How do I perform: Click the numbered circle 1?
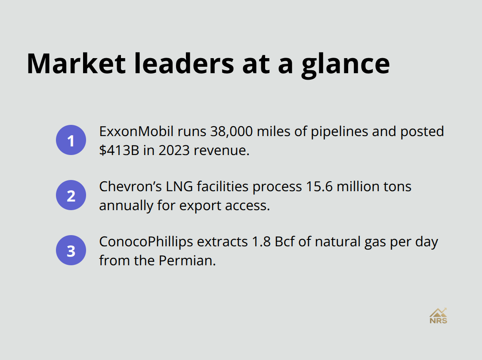click(71, 140)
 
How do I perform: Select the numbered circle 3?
click(71, 250)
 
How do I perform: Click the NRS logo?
click(438, 316)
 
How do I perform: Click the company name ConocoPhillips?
click(145, 242)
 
